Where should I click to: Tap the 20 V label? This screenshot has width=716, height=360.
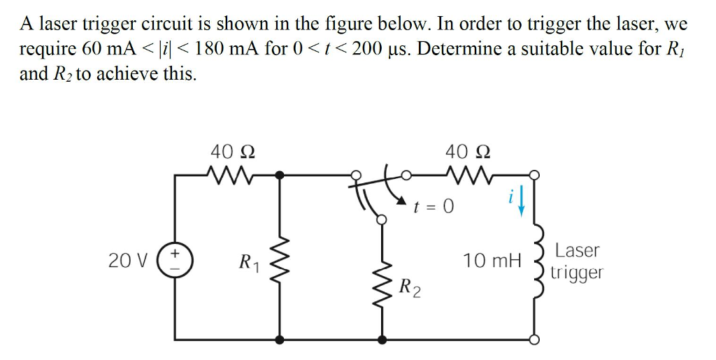[128, 261]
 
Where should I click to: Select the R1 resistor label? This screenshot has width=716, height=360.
[248, 263]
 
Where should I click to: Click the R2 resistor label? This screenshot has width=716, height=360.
[410, 287]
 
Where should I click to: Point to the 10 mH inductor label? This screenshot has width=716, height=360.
[492, 261]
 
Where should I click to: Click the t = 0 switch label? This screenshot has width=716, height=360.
[434, 206]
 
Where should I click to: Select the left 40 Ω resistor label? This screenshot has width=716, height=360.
[232, 150]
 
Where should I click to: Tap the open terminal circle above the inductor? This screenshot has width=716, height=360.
[536, 174]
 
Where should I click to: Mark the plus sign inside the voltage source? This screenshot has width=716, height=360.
[175, 252]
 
